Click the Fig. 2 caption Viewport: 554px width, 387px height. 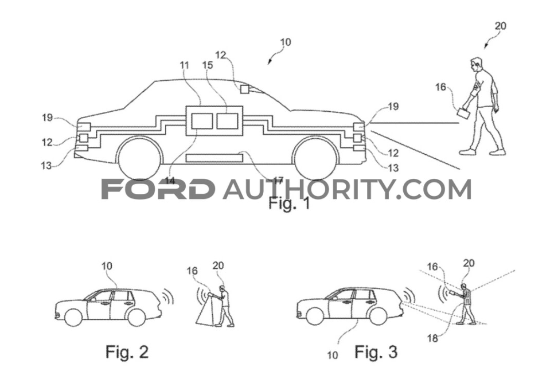(127, 351)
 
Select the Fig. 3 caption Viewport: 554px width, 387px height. (376, 351)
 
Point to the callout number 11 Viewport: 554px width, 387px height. (184, 65)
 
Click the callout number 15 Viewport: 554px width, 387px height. (208, 65)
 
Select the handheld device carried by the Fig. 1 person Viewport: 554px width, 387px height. (463, 113)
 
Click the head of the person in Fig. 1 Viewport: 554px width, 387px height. (475, 64)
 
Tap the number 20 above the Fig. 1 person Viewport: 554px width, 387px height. (500, 26)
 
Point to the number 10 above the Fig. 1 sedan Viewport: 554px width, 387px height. (286, 42)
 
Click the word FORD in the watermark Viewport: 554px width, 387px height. (158, 189)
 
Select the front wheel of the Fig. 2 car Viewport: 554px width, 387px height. (73, 317)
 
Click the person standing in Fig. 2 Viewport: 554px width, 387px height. (225, 307)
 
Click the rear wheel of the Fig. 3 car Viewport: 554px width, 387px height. (378, 315)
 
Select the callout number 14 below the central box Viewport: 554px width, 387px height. (170, 180)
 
